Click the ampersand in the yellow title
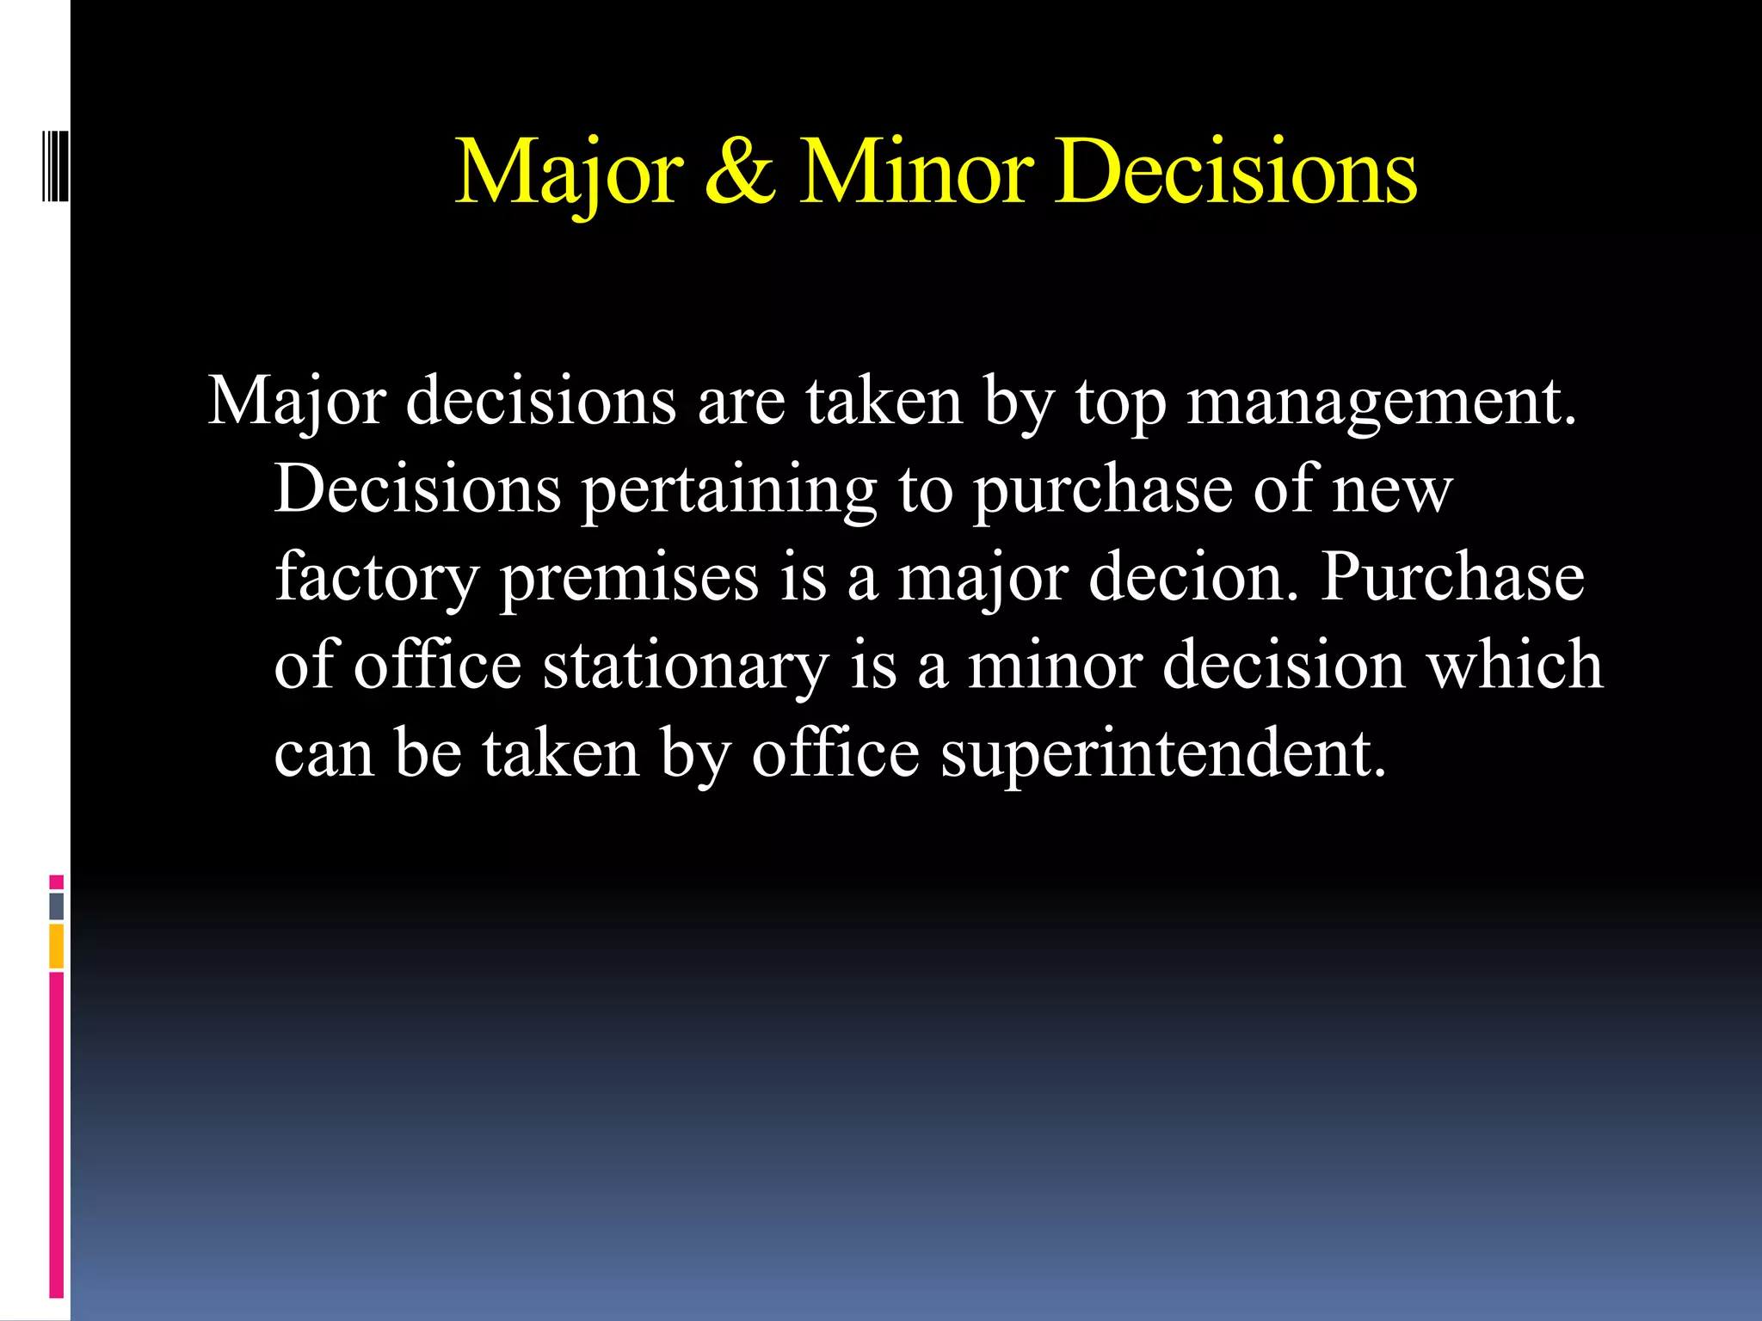[741, 172]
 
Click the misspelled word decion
[1192, 577]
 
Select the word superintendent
[1163, 753]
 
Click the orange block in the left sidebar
[57, 946]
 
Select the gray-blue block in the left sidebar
[57, 906]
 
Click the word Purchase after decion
[1452, 577]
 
